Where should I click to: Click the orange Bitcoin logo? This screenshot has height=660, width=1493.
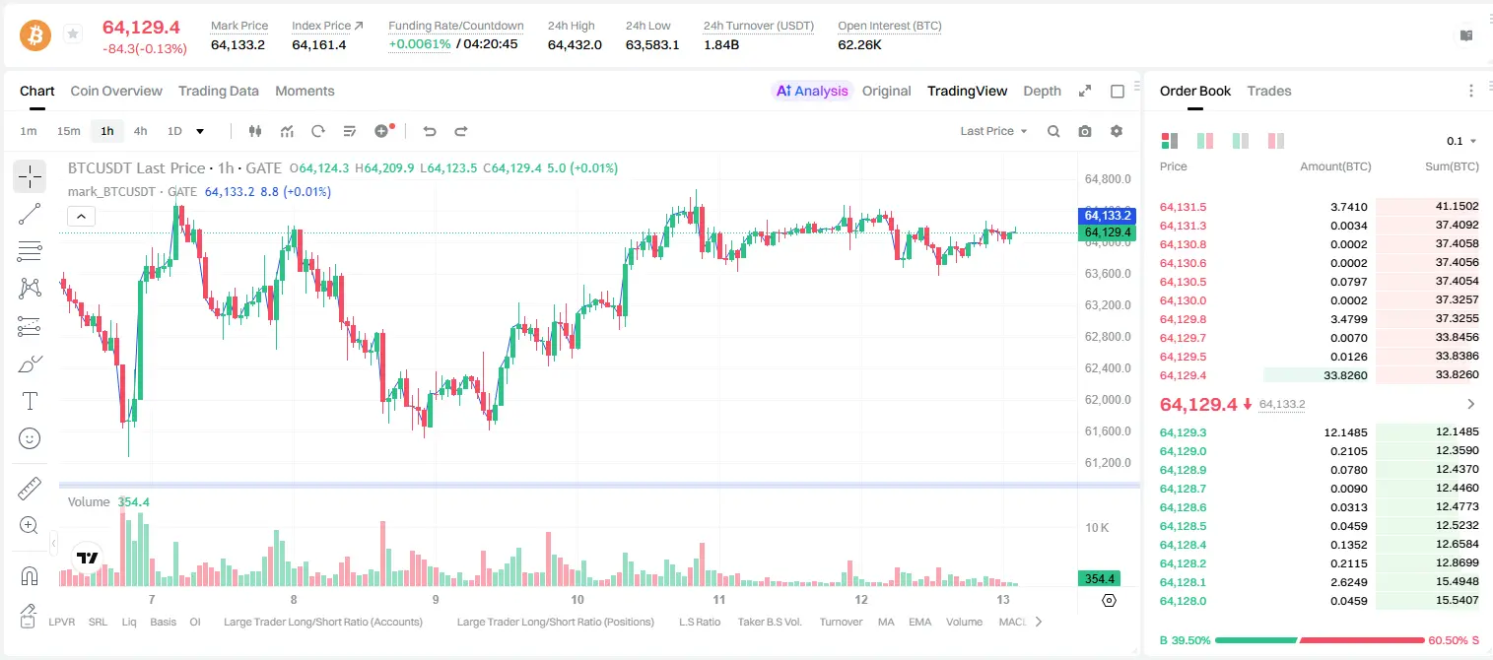35,35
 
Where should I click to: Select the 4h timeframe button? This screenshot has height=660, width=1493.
140,131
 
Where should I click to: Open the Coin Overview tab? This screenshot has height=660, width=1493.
116,91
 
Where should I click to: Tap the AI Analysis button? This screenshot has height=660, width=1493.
812,91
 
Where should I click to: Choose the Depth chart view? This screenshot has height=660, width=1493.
1042,91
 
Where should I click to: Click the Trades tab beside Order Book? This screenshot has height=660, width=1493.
1269,91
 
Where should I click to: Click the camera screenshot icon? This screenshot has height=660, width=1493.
1085,131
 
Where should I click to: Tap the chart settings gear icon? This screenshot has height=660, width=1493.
1117,131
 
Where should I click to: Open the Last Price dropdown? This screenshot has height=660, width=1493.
993,131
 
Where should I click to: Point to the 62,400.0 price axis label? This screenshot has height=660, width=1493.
1108,367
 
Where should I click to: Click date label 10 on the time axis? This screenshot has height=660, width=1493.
577,599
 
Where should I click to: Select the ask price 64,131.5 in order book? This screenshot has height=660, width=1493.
1184,207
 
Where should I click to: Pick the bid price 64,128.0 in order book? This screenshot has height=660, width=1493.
1184,601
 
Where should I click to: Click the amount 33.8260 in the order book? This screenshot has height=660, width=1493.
1345,375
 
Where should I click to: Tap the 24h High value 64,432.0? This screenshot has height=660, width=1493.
575,44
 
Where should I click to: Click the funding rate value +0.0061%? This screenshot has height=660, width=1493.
420,44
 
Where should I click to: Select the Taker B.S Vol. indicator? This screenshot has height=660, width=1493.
769,622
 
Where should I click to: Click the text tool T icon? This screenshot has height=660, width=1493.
30,401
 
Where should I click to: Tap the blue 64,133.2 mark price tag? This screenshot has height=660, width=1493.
1107,215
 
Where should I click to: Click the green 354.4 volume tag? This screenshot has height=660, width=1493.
1099,579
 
